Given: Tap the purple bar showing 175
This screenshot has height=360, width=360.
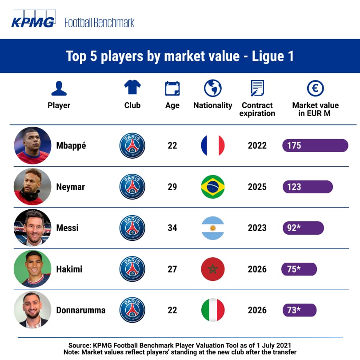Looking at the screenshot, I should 315,146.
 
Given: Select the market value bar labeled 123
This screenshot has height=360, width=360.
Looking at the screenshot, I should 307,187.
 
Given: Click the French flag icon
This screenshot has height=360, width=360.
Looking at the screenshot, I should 212,145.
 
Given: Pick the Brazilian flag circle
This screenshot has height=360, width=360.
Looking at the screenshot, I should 212,187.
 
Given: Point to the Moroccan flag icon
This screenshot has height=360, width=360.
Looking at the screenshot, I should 212,269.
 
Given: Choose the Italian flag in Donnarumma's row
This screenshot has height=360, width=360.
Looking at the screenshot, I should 212,310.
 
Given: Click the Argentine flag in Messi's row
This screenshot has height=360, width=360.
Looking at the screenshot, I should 212,228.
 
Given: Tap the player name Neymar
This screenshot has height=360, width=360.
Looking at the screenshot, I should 70,187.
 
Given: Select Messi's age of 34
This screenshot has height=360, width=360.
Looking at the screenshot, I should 172,228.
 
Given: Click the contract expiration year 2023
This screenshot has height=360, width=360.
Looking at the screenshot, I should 257,228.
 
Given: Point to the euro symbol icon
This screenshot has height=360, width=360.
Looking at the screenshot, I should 315,88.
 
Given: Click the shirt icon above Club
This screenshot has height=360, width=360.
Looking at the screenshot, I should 132,88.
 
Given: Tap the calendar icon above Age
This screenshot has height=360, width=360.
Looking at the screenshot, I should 172,88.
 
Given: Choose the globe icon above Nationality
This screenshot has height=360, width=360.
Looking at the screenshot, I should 212,88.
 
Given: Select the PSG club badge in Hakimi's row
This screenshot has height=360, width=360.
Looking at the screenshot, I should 132,269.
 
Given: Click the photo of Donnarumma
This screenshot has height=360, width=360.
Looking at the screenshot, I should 32,310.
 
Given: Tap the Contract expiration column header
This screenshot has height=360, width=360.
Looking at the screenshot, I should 257,109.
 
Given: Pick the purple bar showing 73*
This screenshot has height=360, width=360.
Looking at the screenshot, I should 299,310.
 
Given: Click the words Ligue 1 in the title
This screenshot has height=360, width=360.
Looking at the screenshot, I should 272,56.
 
